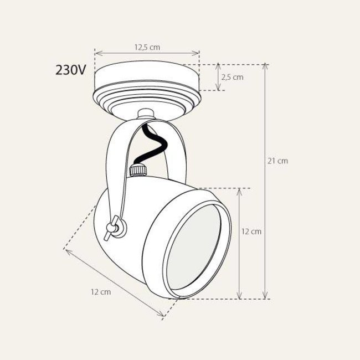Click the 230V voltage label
point(70,70)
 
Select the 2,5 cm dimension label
point(232,77)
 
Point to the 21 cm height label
point(277,161)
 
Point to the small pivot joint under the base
point(145,115)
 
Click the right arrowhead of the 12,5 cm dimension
point(198,54)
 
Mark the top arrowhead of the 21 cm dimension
point(266,66)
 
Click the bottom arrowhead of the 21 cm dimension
point(266,297)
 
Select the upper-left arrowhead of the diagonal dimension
point(67,251)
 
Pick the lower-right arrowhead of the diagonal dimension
point(162,316)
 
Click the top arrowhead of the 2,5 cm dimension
point(217,66)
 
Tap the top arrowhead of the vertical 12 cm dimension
point(239,190)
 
